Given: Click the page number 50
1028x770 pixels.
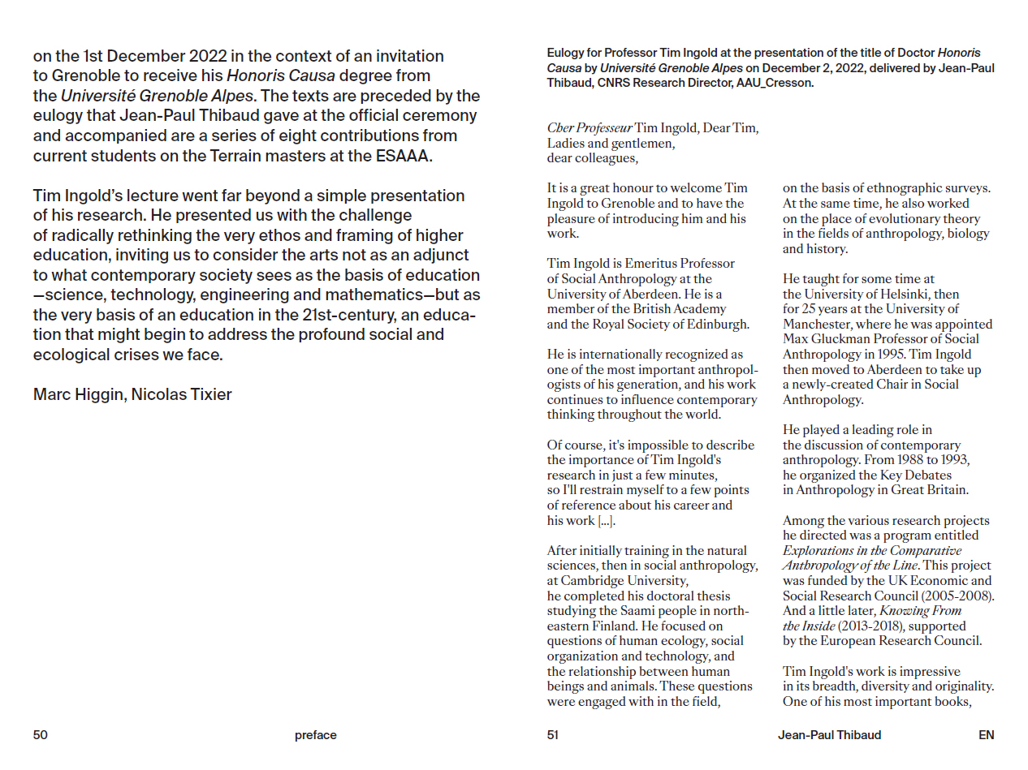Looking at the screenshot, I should [x=41, y=735].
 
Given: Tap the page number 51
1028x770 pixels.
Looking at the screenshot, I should [x=553, y=735].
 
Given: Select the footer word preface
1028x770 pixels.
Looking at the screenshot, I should [x=316, y=735].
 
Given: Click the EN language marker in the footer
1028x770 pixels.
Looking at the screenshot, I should [x=986, y=735].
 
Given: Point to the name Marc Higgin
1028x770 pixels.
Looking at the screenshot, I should [x=77, y=395].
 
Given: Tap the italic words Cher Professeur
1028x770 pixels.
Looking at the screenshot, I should [x=590, y=128].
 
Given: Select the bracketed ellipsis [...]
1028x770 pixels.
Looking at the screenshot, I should [x=607, y=521].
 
